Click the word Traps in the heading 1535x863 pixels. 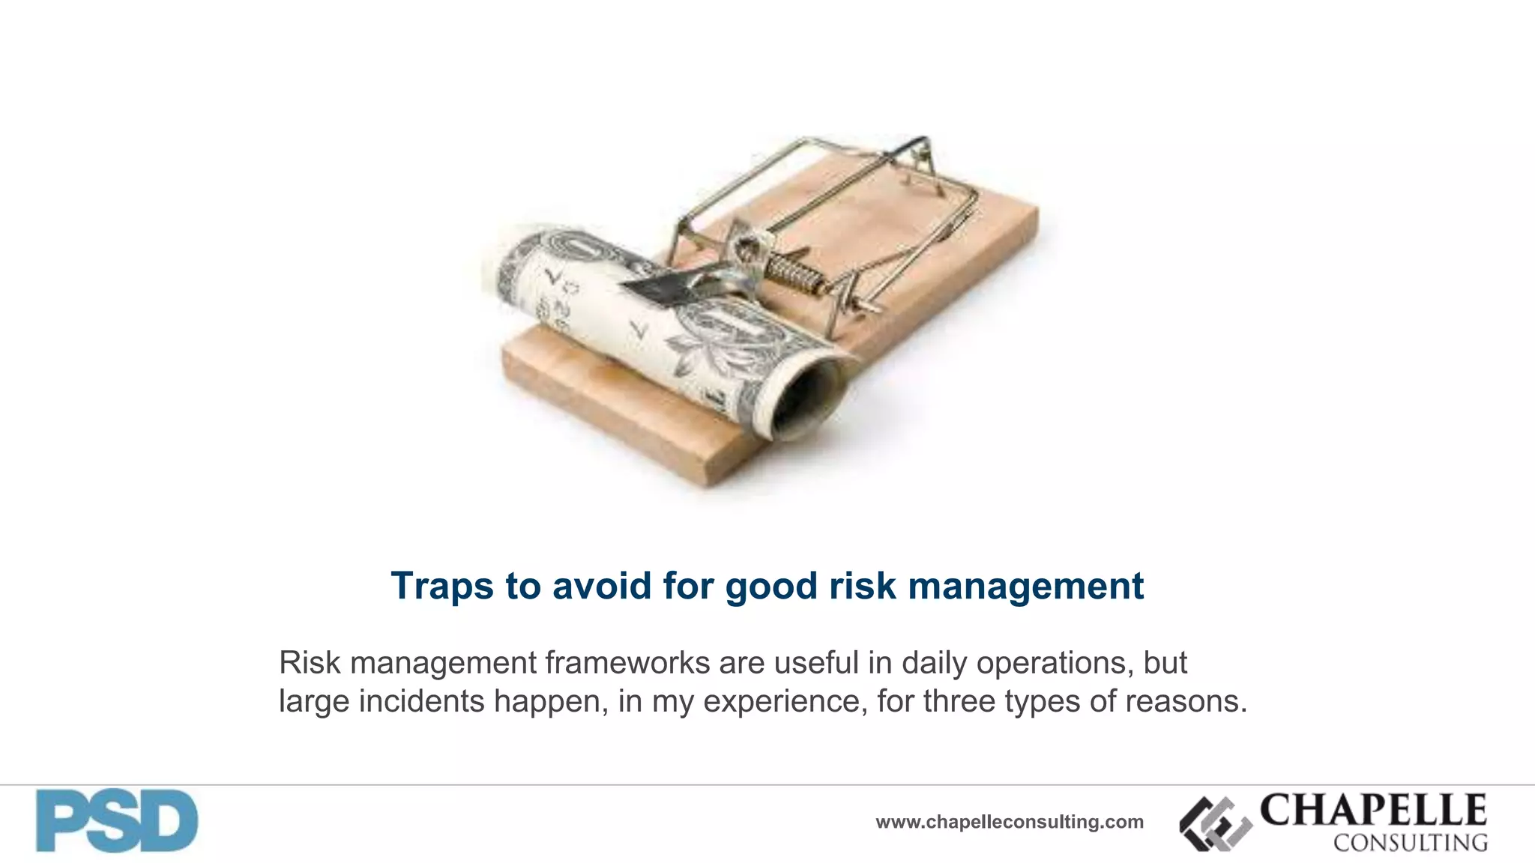point(442,586)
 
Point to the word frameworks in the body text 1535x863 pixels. point(627,663)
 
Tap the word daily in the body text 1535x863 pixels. point(934,663)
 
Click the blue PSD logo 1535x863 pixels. point(117,820)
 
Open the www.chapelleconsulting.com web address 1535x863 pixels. point(1010,822)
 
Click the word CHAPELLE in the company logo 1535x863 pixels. point(1373,810)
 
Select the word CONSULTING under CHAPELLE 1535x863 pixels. point(1410,843)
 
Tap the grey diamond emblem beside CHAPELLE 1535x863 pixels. point(1215,824)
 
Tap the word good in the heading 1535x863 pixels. point(772,586)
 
